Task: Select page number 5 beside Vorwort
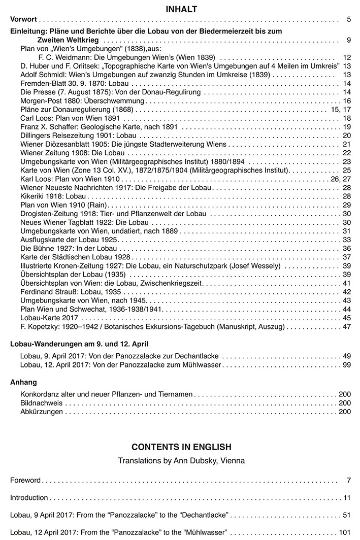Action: coord(349,20)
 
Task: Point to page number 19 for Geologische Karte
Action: coord(347,127)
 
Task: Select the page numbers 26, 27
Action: coord(341,179)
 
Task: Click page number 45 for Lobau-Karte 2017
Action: coord(347,318)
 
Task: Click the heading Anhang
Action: coord(24,382)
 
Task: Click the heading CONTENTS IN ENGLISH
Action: coord(181,447)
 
